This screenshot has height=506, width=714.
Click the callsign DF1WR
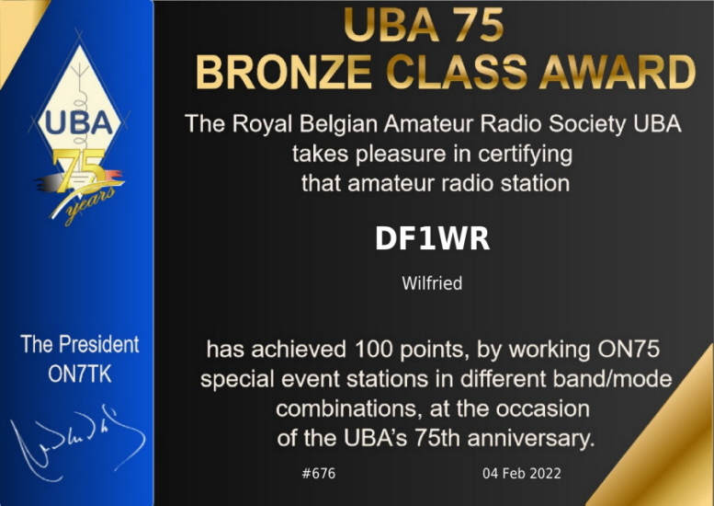432,238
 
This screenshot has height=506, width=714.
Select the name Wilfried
432,283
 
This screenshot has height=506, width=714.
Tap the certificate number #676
318,473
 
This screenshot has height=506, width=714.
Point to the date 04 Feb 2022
522,473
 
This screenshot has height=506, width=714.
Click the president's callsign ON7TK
80,374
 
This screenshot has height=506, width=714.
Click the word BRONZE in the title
283,73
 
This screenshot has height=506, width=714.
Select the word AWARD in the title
617,73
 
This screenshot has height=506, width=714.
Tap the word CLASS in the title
456,73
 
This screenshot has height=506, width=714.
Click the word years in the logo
89,204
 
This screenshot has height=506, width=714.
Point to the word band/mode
612,379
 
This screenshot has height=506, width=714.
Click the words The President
80,344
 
